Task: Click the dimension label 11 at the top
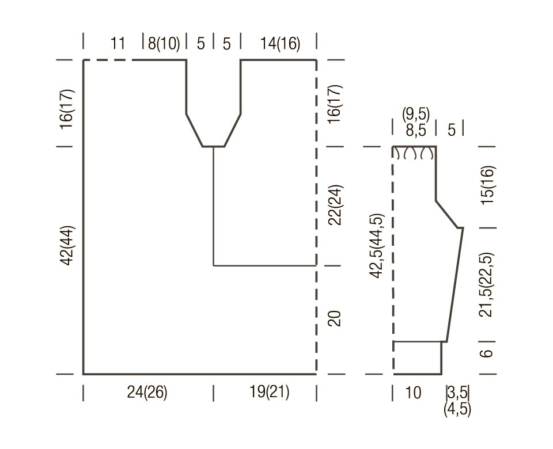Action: click(x=118, y=43)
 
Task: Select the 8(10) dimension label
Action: click(x=164, y=43)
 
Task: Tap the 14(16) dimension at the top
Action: click(x=280, y=43)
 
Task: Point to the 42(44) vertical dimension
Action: click(x=67, y=245)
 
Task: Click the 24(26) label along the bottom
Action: click(x=147, y=392)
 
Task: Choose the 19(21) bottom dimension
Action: click(x=269, y=391)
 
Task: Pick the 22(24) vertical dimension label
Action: click(x=335, y=205)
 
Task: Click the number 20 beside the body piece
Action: click(x=335, y=318)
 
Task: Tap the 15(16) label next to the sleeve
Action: click(x=488, y=185)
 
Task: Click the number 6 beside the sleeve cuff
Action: click(x=487, y=353)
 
